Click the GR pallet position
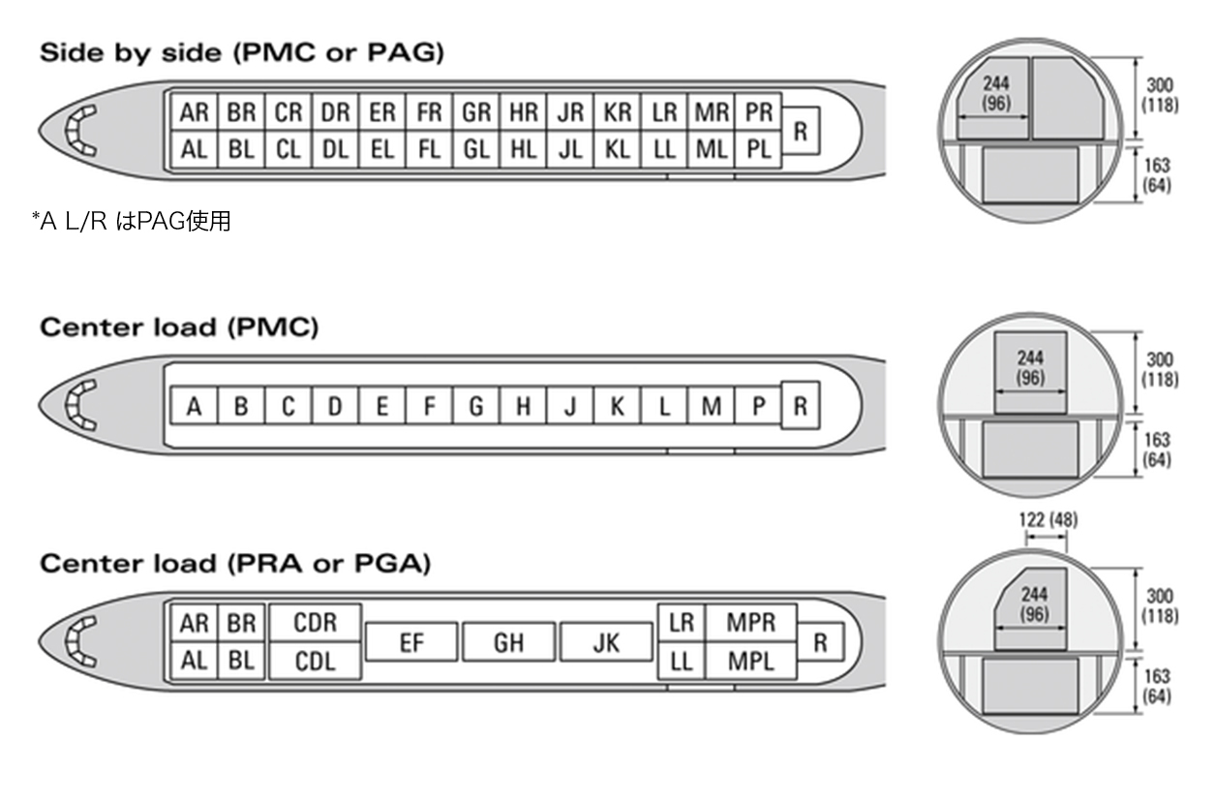476,112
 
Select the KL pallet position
618,149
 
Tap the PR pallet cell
758,112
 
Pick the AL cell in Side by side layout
194,149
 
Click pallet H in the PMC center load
524,405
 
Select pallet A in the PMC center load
194,405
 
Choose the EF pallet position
411,642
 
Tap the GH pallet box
508,642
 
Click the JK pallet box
606,642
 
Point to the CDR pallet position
315,623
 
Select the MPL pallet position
751,661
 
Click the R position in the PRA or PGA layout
820,642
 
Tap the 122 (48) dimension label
1049,520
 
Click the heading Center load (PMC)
179,327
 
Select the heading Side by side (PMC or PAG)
242,52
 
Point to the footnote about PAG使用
132,221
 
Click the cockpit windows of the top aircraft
79,131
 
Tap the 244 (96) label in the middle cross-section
1030,368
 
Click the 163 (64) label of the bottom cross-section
1157,686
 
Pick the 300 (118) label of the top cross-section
1160,95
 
